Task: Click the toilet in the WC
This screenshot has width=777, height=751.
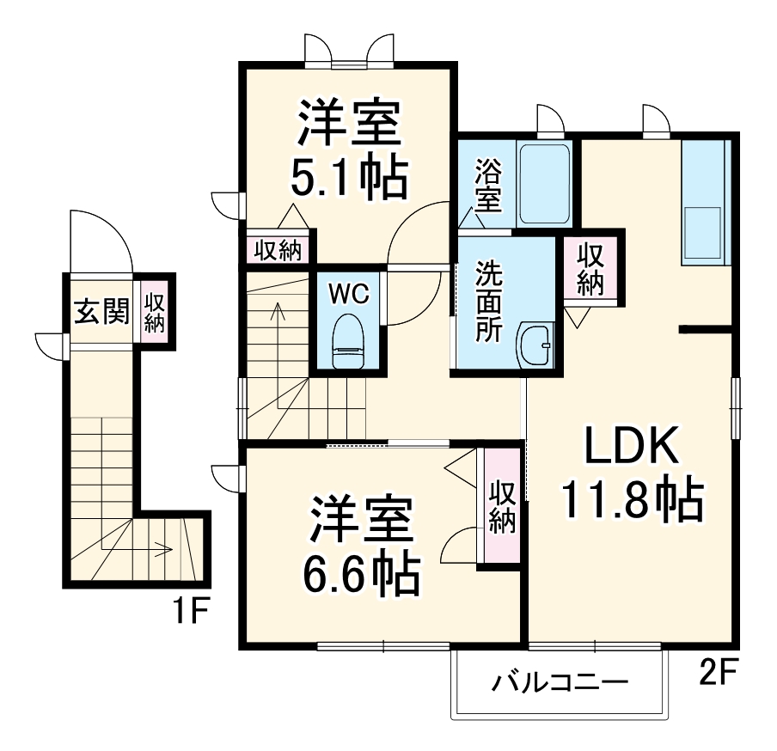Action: coord(348,341)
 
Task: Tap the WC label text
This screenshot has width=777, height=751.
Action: coord(348,293)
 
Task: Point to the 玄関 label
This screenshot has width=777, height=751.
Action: coord(101,311)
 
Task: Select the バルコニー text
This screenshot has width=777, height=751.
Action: coord(560,684)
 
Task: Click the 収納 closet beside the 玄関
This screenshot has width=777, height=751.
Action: coord(155,312)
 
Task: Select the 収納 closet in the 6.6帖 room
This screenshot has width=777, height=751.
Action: coord(501,507)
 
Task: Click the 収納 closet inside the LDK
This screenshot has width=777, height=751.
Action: coord(591,269)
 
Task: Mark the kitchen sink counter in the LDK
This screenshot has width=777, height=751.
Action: coord(706,202)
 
